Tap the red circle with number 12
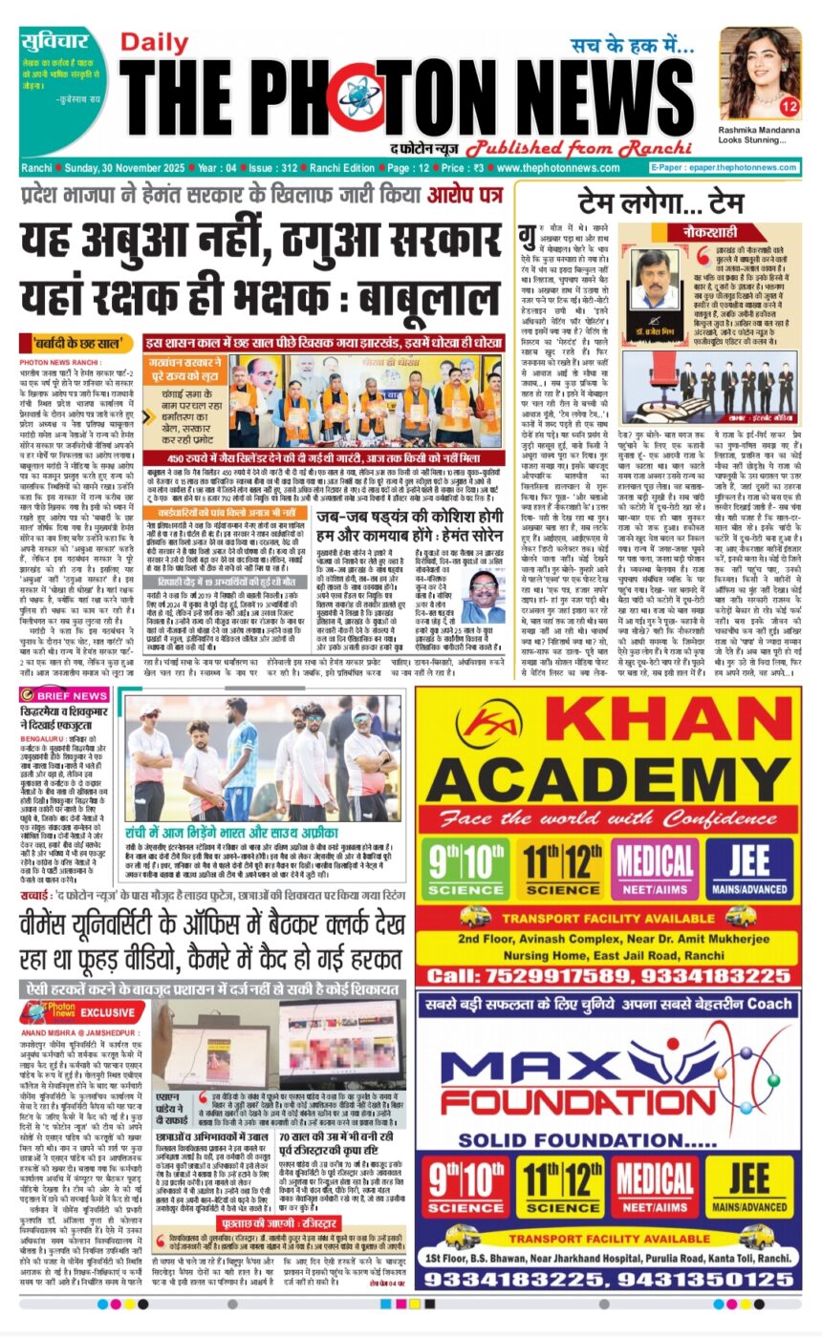click(x=789, y=106)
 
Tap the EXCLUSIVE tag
click(x=107, y=1011)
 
